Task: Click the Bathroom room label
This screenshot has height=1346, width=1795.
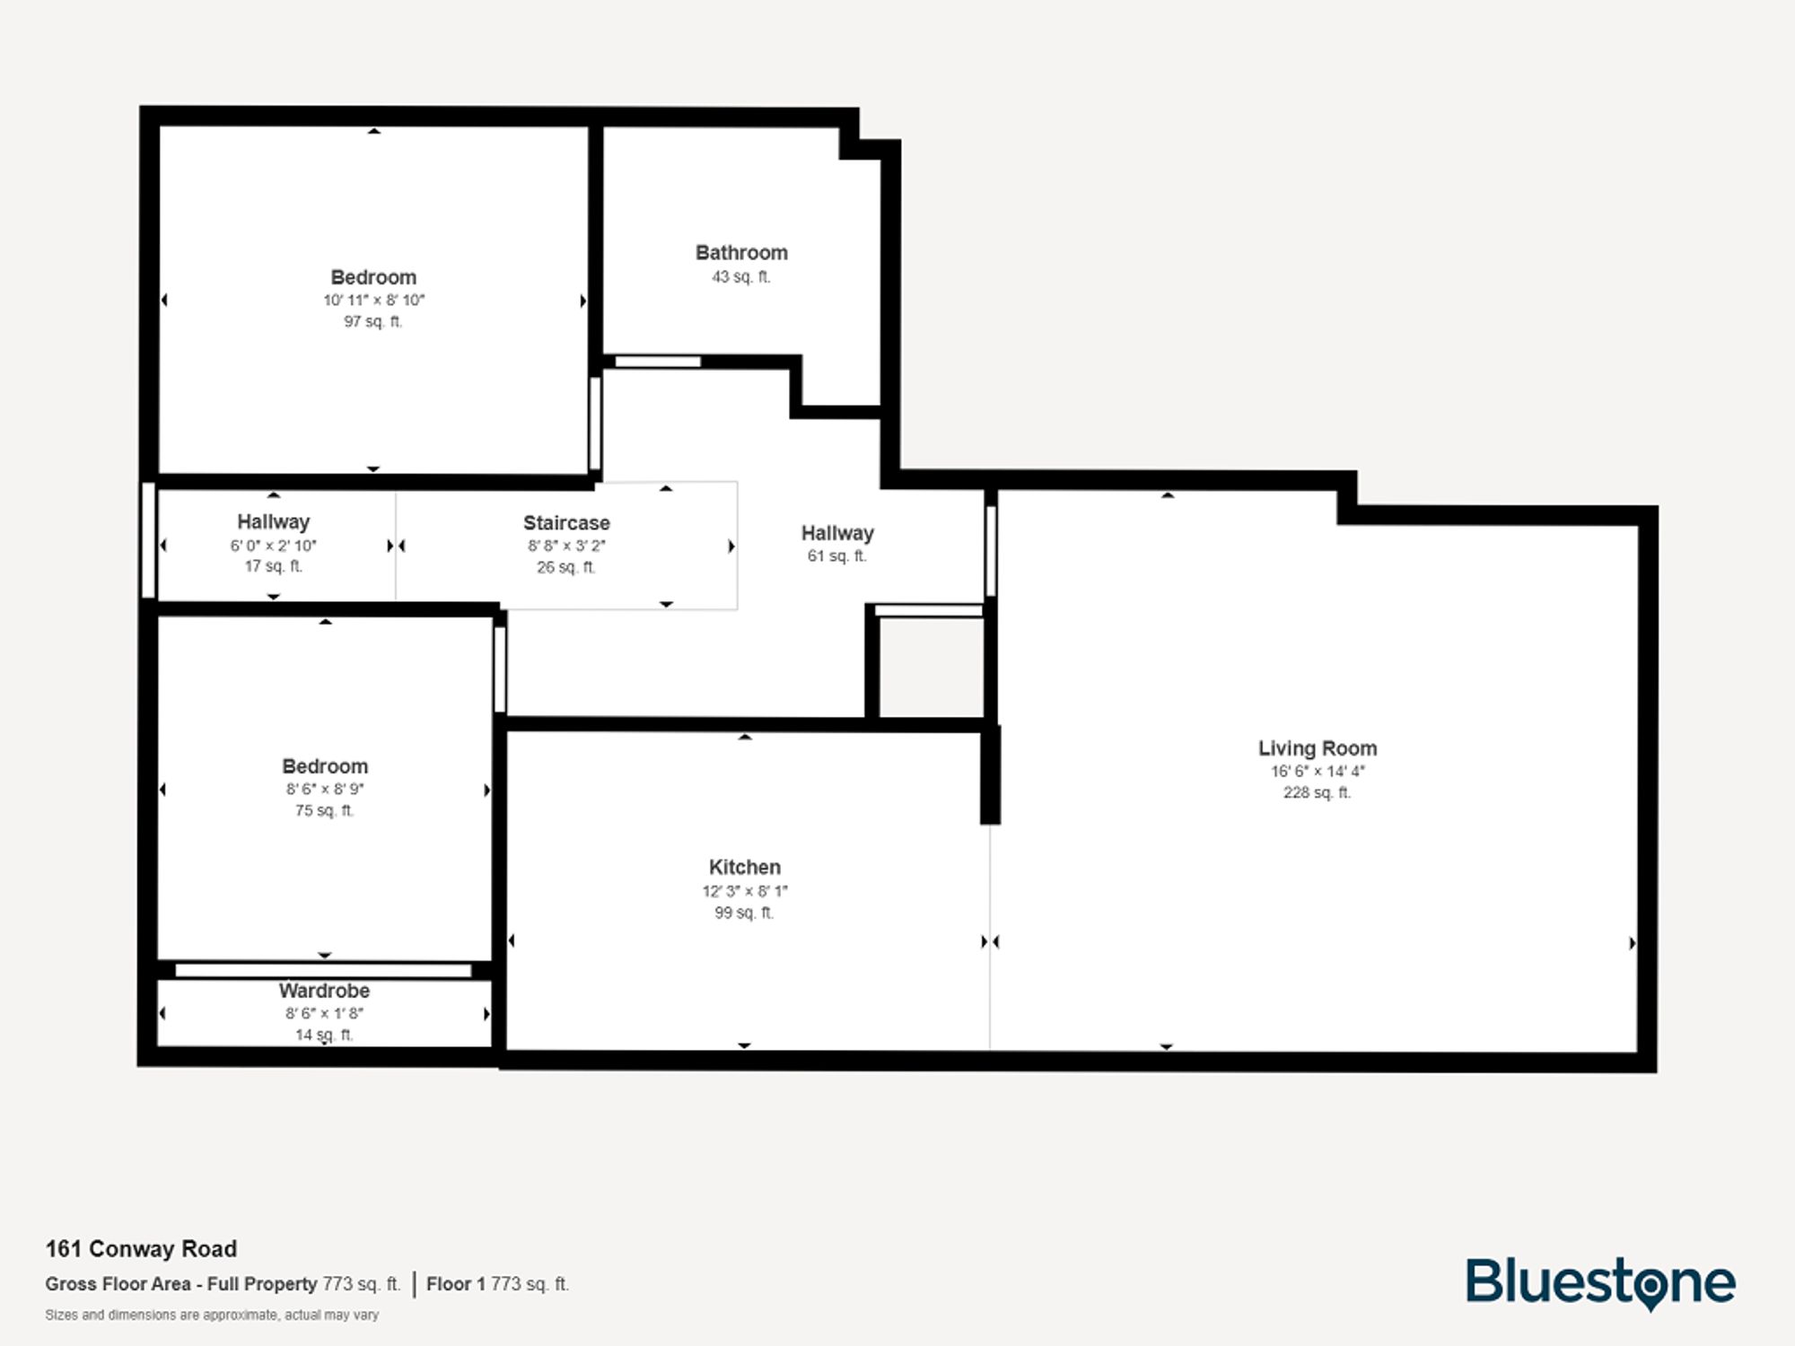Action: [741, 253]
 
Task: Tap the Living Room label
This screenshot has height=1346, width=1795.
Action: [1317, 748]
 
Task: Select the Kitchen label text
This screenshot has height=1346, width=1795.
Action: [744, 868]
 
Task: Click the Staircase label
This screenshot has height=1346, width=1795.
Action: [566, 523]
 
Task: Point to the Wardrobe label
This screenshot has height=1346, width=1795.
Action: [324, 991]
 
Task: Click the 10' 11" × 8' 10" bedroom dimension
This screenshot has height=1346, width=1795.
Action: [373, 301]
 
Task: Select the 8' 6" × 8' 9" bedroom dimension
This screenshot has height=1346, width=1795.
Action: [324, 790]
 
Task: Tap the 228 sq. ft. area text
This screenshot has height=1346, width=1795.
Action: [1317, 792]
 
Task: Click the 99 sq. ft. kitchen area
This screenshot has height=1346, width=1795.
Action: [744, 913]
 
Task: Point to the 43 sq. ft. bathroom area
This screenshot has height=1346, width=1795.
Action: [741, 277]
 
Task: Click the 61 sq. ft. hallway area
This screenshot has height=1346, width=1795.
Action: [836, 556]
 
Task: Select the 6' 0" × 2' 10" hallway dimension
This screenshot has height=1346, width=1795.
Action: [273, 546]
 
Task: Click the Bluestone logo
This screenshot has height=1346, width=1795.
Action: [1600, 1283]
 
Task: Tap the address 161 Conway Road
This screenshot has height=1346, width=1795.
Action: [142, 1249]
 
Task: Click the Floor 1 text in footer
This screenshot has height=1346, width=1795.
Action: [455, 1284]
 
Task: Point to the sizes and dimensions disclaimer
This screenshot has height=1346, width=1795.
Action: [212, 1315]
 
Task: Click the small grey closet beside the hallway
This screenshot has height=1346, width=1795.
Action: [931, 667]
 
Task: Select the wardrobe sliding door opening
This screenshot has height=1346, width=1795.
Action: [323, 970]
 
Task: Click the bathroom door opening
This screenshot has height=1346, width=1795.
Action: [657, 362]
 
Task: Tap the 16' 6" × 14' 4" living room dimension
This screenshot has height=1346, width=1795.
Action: [1317, 772]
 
